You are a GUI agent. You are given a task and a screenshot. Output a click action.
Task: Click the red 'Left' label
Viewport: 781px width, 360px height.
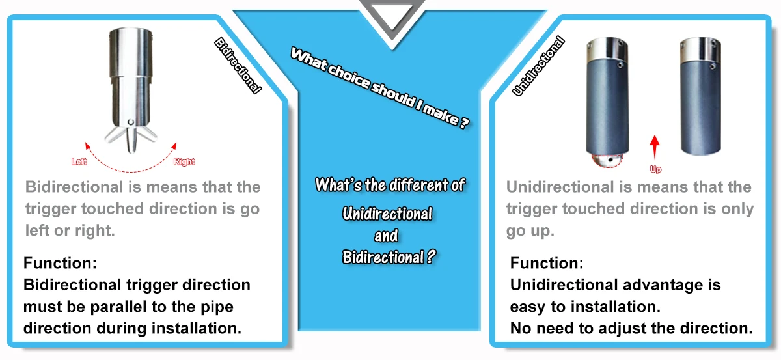(x=79, y=161)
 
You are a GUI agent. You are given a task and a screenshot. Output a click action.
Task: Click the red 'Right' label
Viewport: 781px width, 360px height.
(x=184, y=161)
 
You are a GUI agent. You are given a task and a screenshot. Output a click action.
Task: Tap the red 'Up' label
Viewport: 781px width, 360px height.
(x=655, y=169)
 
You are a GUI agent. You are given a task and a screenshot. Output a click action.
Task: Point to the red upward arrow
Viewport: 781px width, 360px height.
(x=655, y=145)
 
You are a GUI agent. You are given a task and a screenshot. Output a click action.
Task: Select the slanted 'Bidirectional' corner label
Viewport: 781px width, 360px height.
(x=238, y=65)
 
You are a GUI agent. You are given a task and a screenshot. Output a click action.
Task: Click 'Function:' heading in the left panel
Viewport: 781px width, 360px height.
(x=60, y=264)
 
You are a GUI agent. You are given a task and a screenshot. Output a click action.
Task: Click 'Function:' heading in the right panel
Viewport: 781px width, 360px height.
(x=547, y=264)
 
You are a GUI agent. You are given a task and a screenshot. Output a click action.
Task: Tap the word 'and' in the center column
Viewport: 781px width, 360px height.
(x=387, y=235)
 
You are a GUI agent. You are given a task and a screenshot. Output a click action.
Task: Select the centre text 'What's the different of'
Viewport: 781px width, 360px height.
(x=390, y=185)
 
